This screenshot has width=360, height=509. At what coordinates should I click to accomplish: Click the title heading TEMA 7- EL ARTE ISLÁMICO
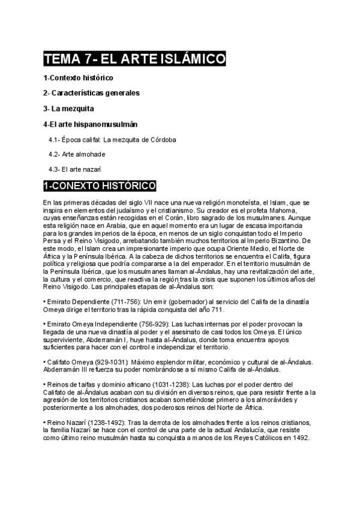134,59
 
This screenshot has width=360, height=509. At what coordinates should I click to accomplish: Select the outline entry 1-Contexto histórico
78,78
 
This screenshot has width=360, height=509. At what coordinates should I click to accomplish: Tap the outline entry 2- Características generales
91,93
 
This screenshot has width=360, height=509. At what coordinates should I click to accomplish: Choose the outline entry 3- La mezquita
68,109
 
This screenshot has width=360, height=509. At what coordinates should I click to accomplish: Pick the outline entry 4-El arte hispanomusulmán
91,124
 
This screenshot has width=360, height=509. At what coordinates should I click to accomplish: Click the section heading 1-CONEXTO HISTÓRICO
100,186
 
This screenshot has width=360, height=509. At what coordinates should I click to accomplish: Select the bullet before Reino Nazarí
45,423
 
